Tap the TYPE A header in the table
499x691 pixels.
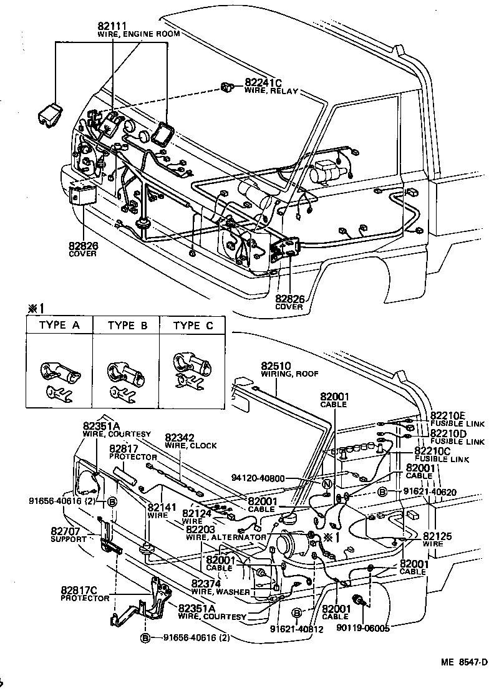click(x=60, y=326)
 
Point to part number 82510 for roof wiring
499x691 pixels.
click(x=277, y=365)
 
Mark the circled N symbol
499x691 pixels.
click(x=326, y=485)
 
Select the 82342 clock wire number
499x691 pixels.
click(x=181, y=438)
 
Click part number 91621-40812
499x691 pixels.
click(x=297, y=629)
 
